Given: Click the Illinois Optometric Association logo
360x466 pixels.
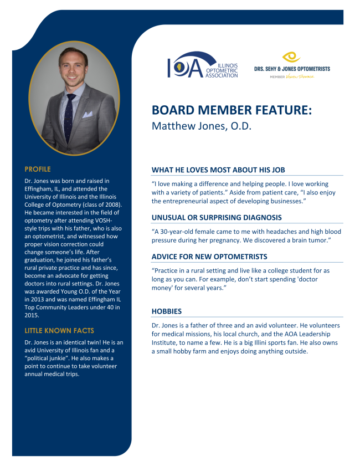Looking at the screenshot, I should (x=202, y=65).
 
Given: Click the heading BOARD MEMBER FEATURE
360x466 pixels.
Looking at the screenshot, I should (x=232, y=110).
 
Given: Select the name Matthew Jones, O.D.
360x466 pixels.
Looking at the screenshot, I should (x=202, y=126).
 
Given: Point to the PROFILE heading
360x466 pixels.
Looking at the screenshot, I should (x=38, y=168).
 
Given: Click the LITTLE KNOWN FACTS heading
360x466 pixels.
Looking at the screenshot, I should (x=59, y=331).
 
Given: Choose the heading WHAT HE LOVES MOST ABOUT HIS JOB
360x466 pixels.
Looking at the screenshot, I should (x=218, y=170).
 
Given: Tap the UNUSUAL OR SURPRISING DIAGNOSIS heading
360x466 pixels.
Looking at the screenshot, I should (x=217, y=218).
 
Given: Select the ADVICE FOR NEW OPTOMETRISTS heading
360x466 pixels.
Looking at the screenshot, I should (x=209, y=257).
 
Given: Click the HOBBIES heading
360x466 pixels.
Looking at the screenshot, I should (x=167, y=311).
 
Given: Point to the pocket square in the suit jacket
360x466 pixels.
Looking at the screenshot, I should (x=87, y=115).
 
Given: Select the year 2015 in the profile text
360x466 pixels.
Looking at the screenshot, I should (x=32, y=315).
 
